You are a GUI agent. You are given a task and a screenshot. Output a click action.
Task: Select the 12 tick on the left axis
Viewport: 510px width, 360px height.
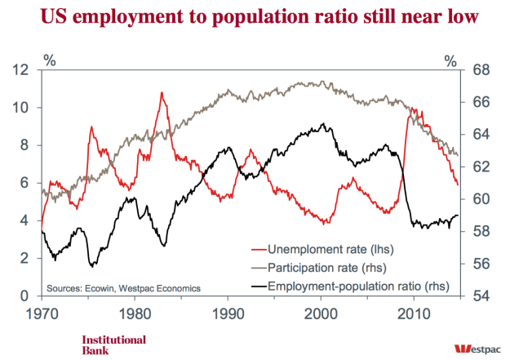click(x=23, y=70)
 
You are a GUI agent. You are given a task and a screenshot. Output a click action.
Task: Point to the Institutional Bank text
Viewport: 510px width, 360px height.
click(x=113, y=344)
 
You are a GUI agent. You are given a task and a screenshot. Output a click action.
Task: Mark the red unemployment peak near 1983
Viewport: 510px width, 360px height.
click(x=162, y=93)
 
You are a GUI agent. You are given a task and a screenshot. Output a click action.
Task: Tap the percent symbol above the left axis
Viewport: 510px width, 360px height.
click(x=49, y=60)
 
